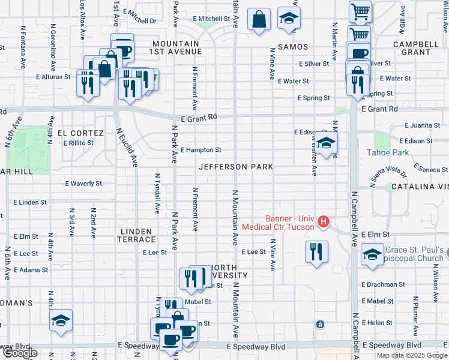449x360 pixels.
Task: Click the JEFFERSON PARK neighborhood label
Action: click(236, 167)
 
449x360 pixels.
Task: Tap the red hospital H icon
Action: click(324, 222)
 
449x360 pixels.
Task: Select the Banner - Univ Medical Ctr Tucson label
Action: click(278, 223)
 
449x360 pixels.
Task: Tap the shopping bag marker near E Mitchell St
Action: click(259, 19)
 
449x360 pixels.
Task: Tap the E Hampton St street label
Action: click(200, 150)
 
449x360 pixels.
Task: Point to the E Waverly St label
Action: click(83, 184)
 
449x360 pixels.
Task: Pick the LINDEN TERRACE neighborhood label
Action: click(139, 235)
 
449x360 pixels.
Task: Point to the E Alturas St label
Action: click(54, 77)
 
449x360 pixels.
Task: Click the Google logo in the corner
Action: click(19, 353)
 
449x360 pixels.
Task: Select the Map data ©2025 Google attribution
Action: click(411, 355)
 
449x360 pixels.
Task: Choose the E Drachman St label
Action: click(384, 284)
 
